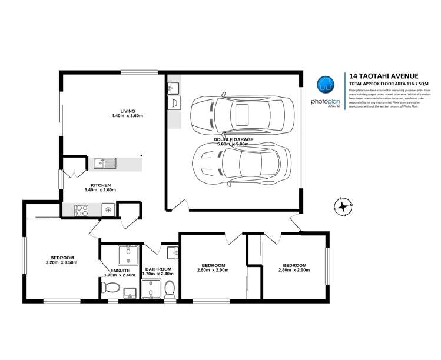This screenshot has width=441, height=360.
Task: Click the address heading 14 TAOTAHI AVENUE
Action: tap(384, 76)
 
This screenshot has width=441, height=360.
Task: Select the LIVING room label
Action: tap(127, 111)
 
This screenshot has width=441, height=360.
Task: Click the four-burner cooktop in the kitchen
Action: tap(81, 209)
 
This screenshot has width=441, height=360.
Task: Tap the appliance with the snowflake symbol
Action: tap(108, 209)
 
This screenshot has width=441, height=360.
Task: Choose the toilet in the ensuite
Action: tap(111, 288)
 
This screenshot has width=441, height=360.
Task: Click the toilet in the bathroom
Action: tap(170, 289)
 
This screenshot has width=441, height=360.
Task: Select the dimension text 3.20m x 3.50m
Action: tap(62, 262)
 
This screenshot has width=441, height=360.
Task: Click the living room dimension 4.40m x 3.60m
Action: tap(127, 116)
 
